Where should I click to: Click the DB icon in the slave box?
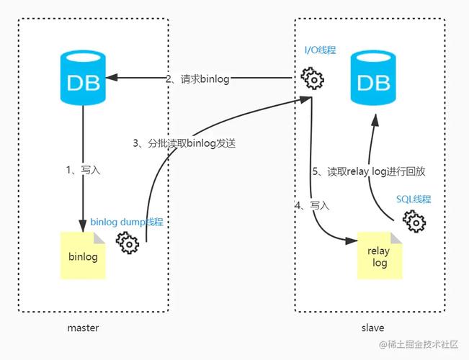click(x=372, y=79)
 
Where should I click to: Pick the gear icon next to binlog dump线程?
click(x=128, y=243)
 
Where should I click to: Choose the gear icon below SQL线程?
click(x=414, y=221)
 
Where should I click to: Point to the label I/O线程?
click(x=320, y=50)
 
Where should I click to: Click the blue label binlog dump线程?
click(x=127, y=222)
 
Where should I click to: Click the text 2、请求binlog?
click(x=197, y=79)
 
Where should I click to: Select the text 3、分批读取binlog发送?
click(x=184, y=143)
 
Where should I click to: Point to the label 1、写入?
click(x=83, y=171)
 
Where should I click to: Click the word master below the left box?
click(x=83, y=328)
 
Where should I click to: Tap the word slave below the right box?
click(x=372, y=328)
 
